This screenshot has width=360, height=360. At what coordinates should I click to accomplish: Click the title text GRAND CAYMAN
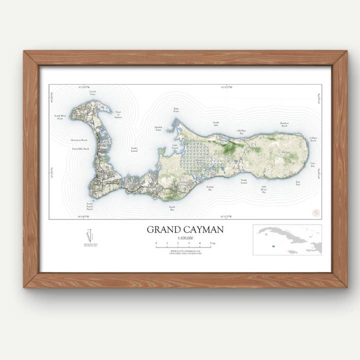tap(185, 229)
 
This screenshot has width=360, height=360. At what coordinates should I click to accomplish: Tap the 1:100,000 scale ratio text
tap(184, 239)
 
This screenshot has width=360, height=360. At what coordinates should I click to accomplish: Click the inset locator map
tap(287, 239)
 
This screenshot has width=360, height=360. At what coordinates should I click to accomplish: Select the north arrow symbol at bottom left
tap(90, 235)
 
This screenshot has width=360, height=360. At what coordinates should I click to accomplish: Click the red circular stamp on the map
tap(315, 212)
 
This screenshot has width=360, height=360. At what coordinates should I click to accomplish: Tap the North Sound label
tap(134, 149)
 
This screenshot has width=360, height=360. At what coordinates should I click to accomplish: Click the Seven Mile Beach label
tap(80, 148)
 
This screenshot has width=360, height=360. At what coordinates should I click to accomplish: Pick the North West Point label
tap(59, 117)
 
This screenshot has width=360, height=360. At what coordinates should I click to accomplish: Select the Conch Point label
tap(92, 92)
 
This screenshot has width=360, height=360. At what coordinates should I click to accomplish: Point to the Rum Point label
tap(176, 109)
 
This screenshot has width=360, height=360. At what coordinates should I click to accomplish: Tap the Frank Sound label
tap(244, 181)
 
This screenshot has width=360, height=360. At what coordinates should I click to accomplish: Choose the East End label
tap(298, 183)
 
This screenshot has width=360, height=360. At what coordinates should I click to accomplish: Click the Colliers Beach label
tap(313, 139)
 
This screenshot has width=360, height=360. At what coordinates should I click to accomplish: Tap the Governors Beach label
tap(79, 140)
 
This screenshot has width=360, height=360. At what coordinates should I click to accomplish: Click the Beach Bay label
tap(172, 208)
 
